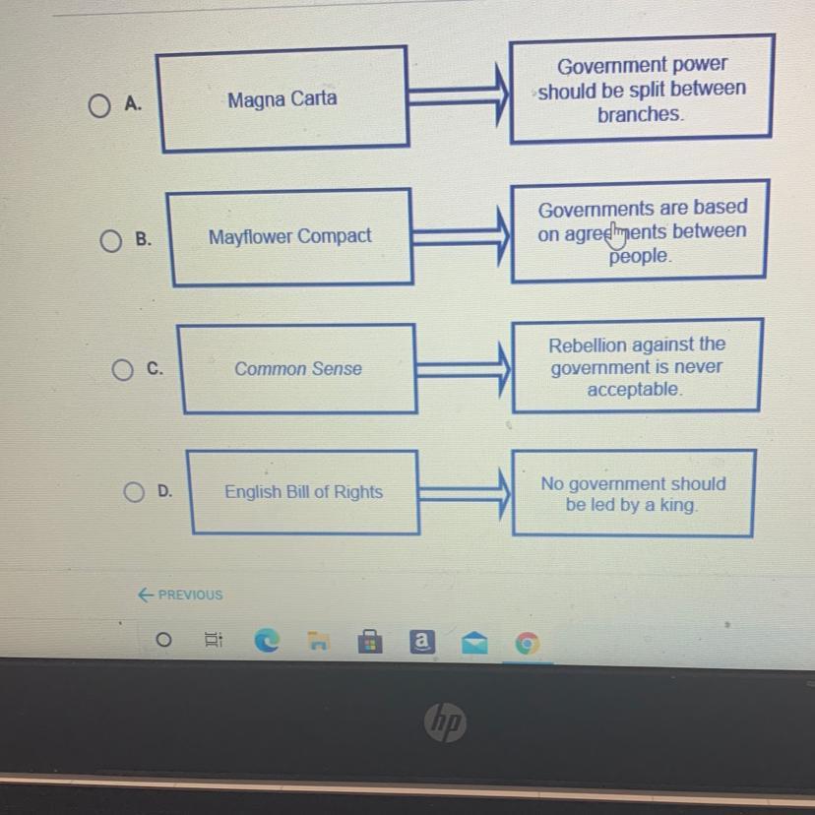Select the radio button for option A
98,105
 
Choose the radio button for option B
111,241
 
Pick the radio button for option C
121,370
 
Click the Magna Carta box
282,99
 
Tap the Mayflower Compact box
290,237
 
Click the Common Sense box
298,369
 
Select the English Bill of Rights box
303,492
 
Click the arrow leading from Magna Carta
459,95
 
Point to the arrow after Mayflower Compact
462,236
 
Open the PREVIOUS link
182,595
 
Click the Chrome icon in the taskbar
528,644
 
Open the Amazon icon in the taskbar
421,643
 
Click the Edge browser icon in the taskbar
266,642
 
